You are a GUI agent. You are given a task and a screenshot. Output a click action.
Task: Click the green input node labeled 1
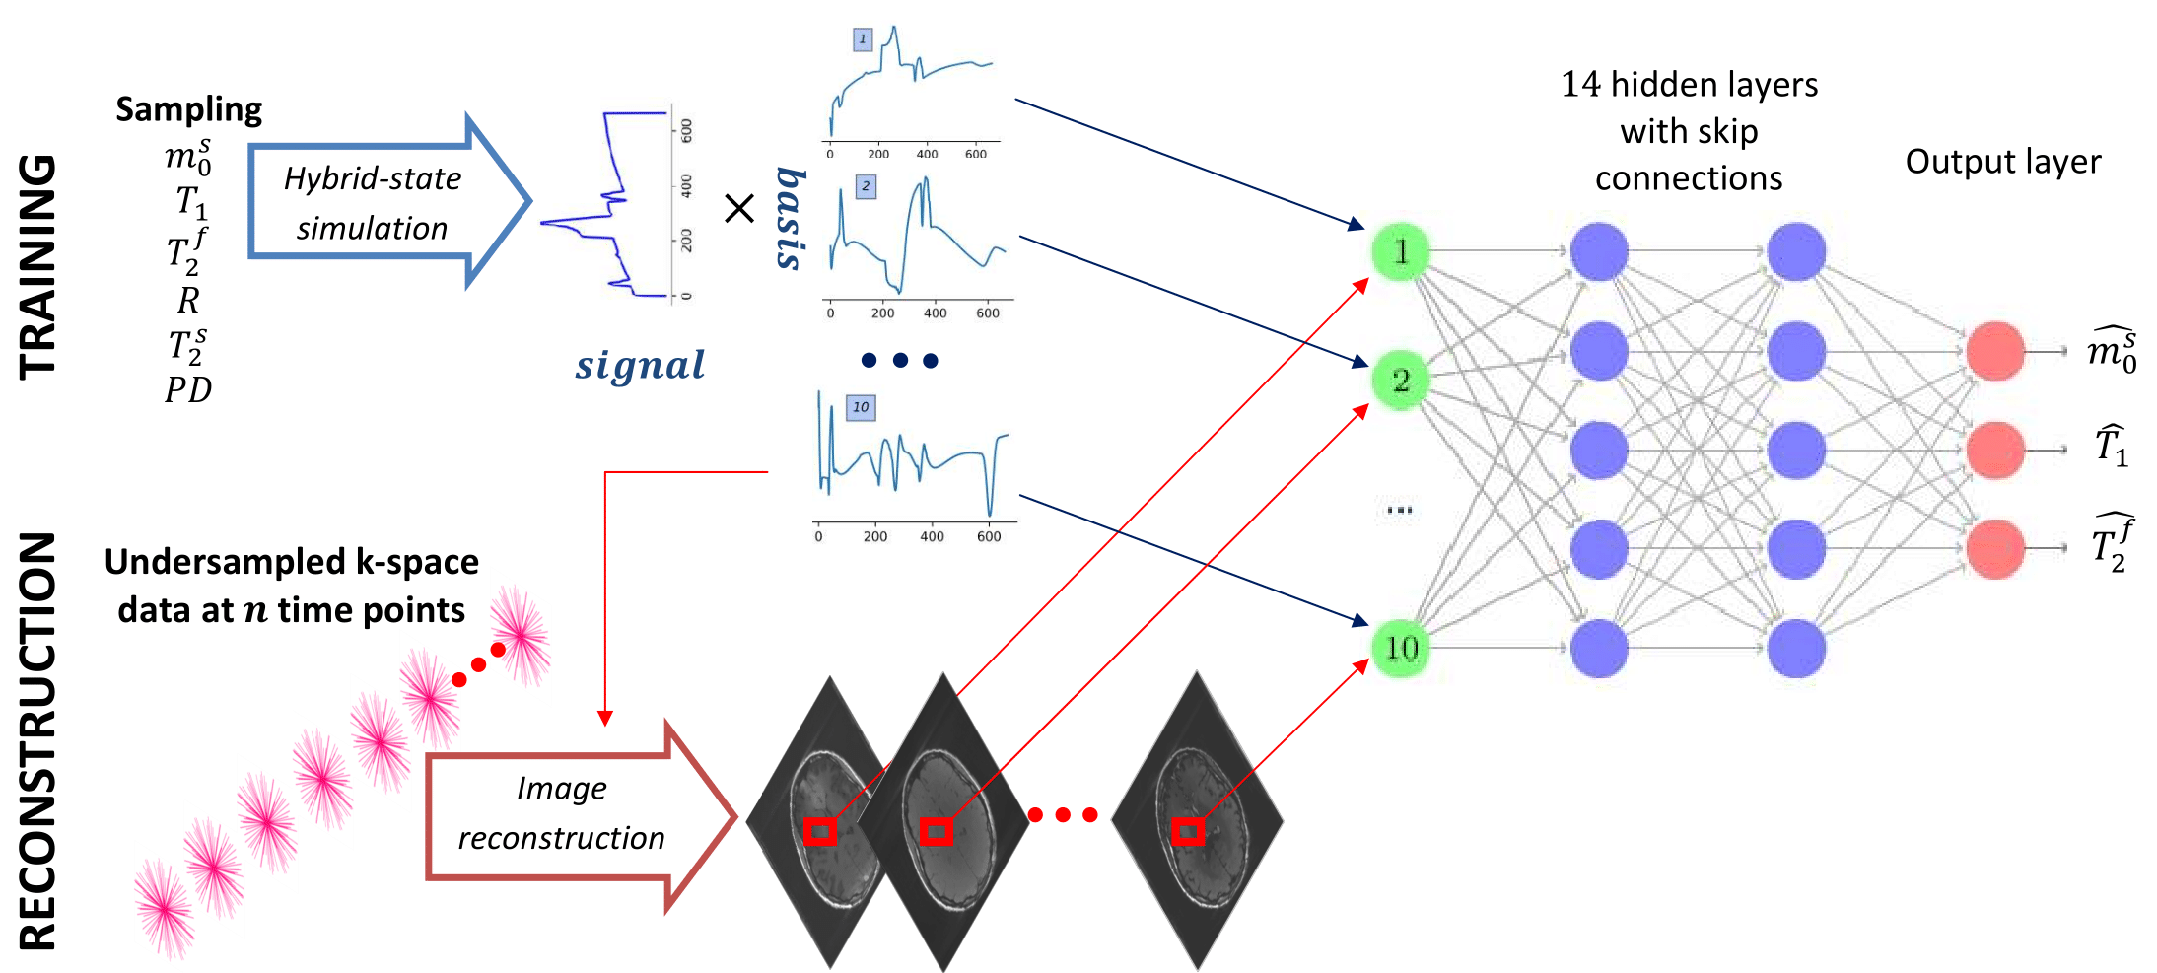pyautogui.click(x=1400, y=252)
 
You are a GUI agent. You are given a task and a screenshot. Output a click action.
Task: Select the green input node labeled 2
pyautogui.click(x=1400, y=381)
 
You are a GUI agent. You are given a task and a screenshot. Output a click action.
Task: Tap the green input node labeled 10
pyautogui.click(x=1401, y=648)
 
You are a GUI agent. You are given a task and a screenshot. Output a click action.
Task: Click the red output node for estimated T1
pyautogui.click(x=1995, y=450)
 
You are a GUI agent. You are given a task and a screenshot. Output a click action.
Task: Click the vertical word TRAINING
pyautogui.click(x=38, y=266)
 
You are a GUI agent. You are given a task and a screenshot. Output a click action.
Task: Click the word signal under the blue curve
pyautogui.click(x=641, y=365)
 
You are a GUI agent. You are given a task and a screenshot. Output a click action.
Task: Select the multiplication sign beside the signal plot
pyautogui.click(x=739, y=208)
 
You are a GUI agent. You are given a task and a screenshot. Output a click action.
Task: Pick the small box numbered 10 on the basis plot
pyautogui.click(x=861, y=407)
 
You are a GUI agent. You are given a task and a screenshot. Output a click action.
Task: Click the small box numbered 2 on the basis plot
pyautogui.click(x=866, y=186)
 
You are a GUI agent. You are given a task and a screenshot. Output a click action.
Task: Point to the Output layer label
pyautogui.click(x=2002, y=162)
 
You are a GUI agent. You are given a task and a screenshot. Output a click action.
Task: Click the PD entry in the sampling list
pyautogui.click(x=188, y=390)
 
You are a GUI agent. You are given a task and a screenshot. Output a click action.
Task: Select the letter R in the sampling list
pyautogui.click(x=188, y=300)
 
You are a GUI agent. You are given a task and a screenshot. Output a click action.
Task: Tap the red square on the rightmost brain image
pyautogui.click(x=1188, y=831)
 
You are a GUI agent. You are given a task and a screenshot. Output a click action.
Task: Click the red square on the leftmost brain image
pyautogui.click(x=820, y=831)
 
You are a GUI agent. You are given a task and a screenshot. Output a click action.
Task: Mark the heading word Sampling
pyautogui.click(x=189, y=109)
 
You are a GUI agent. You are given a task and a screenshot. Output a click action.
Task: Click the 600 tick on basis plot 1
pyautogui.click(x=975, y=154)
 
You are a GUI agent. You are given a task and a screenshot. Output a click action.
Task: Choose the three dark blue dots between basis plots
pyautogui.click(x=899, y=361)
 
